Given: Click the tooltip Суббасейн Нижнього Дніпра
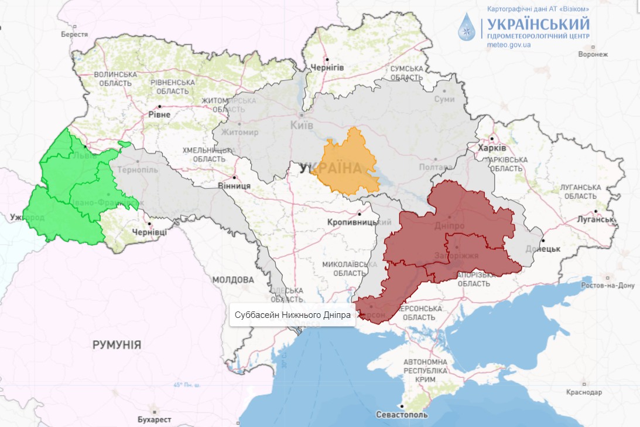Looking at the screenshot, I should pos(292,315).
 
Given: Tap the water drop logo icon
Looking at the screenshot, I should pos(467,28).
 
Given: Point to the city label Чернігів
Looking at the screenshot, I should pos(327,67).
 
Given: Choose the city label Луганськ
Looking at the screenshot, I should pos(597,219).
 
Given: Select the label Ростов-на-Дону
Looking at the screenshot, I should pos(607,286).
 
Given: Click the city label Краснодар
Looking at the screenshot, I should pos(584,392).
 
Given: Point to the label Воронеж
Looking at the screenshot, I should pos(593,54).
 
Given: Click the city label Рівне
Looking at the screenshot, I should pos(159,114).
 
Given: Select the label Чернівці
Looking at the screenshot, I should pos(150,232).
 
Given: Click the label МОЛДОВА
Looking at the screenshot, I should pos(233,279).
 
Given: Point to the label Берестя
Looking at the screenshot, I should pos(74,34).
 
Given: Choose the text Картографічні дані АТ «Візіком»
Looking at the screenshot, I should pos(538,9).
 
